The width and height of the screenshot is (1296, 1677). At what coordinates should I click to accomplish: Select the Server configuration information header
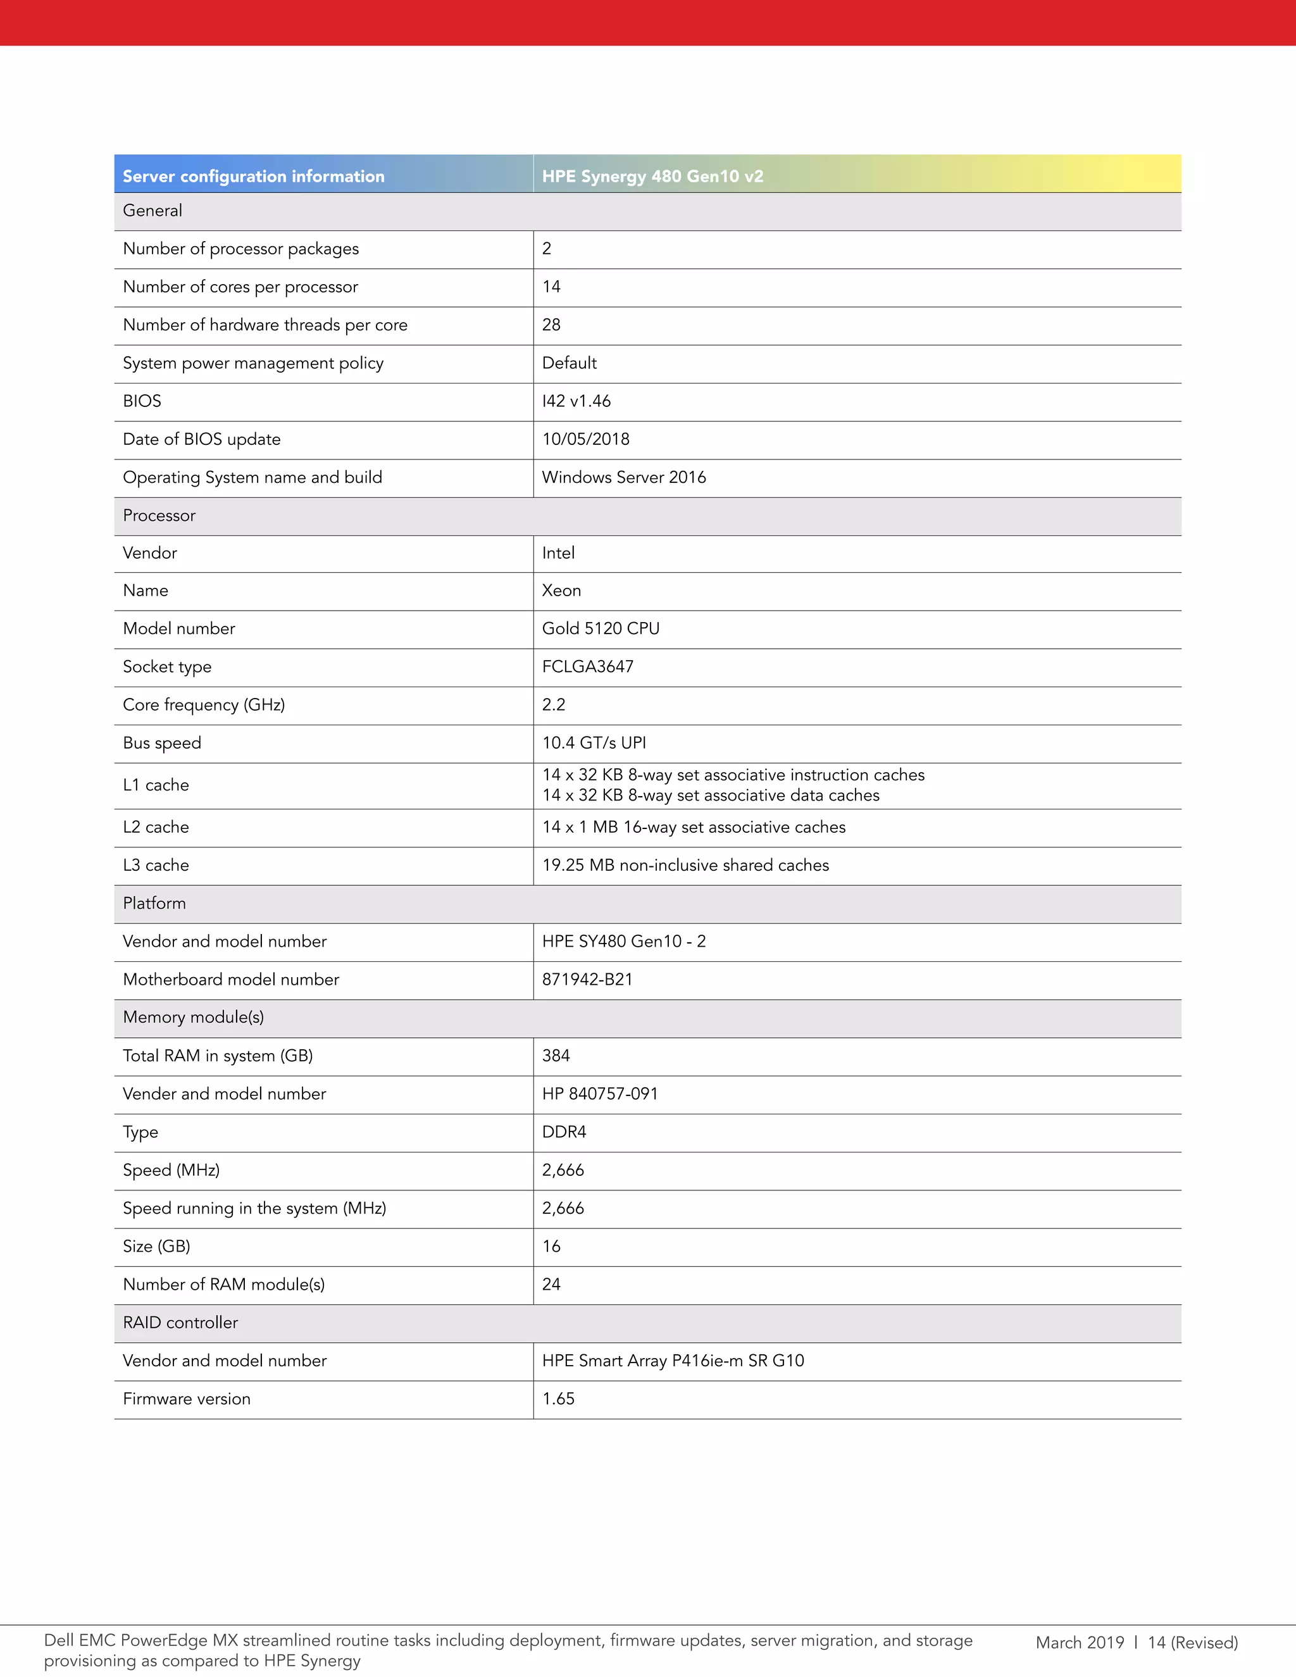tap(253, 176)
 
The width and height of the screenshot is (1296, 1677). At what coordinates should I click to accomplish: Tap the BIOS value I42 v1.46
tap(576, 401)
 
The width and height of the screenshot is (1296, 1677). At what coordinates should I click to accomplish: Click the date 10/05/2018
tap(585, 439)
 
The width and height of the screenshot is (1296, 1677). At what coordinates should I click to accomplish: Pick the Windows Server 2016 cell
tap(623, 477)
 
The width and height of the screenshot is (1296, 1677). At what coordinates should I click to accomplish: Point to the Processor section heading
tap(159, 515)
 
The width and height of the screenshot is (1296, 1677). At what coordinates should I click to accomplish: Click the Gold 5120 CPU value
tap(601, 628)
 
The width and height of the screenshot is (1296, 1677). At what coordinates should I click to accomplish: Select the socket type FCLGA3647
tap(587, 666)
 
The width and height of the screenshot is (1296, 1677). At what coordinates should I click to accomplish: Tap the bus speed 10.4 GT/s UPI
tap(594, 742)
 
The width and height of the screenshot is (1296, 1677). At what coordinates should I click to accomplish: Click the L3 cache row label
tap(156, 864)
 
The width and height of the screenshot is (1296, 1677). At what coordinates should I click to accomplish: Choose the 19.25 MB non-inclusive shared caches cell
tap(685, 864)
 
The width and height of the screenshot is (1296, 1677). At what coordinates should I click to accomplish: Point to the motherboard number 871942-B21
tap(587, 979)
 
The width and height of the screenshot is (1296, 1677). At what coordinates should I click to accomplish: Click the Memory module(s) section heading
tap(194, 1018)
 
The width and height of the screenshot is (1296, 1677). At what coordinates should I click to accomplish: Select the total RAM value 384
tap(556, 1056)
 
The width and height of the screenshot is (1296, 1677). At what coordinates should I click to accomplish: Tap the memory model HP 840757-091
tap(600, 1094)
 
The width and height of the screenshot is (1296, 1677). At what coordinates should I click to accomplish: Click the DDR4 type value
tap(564, 1132)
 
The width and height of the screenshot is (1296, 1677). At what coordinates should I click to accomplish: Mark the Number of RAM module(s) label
tap(223, 1284)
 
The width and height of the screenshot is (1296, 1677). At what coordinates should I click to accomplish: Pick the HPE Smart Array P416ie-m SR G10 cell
tap(673, 1361)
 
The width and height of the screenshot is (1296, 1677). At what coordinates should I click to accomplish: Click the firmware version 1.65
tap(558, 1399)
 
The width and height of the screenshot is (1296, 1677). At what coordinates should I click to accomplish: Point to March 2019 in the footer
tap(1080, 1642)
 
